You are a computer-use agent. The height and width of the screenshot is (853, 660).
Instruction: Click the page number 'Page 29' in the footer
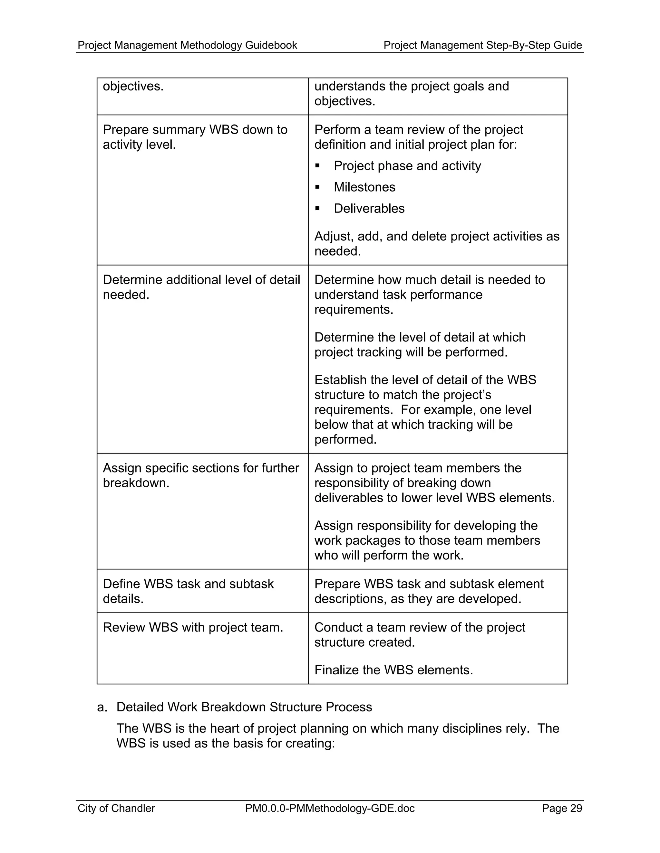pyautogui.click(x=562, y=808)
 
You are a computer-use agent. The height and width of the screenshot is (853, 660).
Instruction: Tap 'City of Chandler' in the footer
pyautogui.click(x=116, y=808)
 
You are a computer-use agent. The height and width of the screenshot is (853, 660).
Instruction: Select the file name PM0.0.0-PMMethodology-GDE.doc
pyautogui.click(x=330, y=808)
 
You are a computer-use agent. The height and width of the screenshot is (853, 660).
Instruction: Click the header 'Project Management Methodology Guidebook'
pyautogui.click(x=187, y=45)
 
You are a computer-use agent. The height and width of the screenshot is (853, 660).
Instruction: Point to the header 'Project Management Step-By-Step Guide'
pyautogui.click(x=482, y=45)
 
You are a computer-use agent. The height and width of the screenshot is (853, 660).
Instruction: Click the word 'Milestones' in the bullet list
pyautogui.click(x=364, y=187)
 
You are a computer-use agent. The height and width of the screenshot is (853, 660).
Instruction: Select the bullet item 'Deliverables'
pyautogui.click(x=369, y=209)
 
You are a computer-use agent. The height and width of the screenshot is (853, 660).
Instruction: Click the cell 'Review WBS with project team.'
pyautogui.click(x=193, y=628)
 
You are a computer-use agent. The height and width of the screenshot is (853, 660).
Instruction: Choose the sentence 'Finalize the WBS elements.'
pyautogui.click(x=393, y=670)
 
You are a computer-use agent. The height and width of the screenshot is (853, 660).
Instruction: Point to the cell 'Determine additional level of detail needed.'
pyautogui.click(x=201, y=287)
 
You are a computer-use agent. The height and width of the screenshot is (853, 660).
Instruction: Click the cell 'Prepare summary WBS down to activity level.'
pyautogui.click(x=195, y=137)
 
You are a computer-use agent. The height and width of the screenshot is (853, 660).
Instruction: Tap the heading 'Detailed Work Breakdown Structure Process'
pyautogui.click(x=244, y=707)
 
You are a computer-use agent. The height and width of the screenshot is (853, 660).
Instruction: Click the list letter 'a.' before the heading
pyautogui.click(x=102, y=707)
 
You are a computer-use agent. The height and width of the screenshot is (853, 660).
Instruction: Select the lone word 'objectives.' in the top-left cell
pyautogui.click(x=133, y=86)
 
